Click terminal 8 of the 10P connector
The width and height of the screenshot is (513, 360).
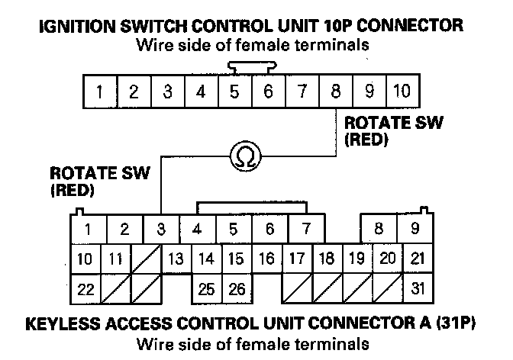point(335,93)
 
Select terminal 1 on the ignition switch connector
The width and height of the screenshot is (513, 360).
point(100,93)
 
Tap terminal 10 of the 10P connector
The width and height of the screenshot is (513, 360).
point(402,93)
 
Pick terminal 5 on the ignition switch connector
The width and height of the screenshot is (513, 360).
point(234,93)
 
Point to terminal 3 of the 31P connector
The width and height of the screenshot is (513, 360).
point(161,228)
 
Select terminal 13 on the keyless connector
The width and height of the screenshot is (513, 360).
point(176,259)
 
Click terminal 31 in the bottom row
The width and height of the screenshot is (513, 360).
point(416,289)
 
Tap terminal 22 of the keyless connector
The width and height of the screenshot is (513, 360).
point(86,289)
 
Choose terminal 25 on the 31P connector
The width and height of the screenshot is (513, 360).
point(205,289)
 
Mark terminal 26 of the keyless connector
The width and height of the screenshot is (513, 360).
point(235,289)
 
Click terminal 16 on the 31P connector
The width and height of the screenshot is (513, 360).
point(266,259)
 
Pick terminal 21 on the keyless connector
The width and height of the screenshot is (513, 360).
point(416,259)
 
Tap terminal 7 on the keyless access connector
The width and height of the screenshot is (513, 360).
point(306,228)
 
